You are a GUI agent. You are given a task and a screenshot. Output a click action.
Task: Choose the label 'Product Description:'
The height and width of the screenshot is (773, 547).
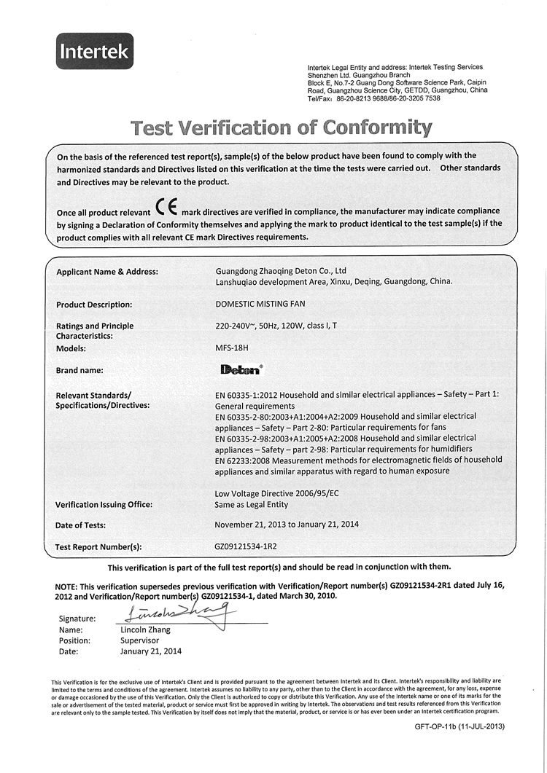click(x=94, y=305)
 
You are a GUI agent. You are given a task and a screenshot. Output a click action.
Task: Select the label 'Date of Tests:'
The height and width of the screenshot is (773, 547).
click(x=81, y=525)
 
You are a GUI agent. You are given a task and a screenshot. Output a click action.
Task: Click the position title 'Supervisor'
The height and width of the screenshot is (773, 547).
click(x=139, y=640)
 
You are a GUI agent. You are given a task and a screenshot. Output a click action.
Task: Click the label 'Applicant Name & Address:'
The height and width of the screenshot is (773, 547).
click(x=107, y=272)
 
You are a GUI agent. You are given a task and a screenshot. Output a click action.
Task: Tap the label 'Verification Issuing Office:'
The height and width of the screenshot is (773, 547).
click(x=104, y=505)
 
